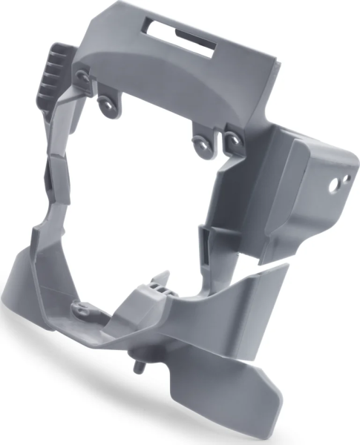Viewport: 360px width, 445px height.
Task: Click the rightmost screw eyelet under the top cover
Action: [232, 139]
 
